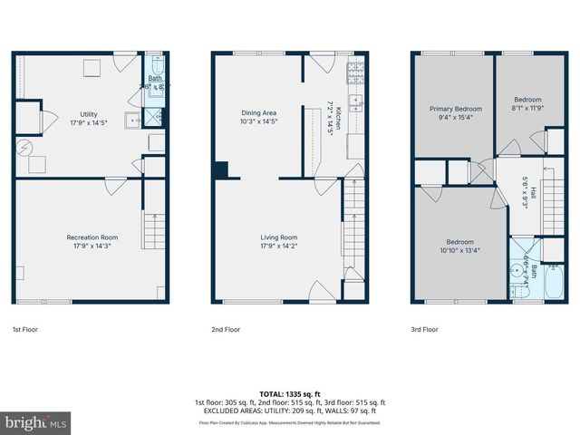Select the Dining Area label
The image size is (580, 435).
[x=258, y=114]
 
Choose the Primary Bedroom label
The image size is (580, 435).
[x=455, y=109]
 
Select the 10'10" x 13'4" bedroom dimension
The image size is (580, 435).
[x=459, y=250]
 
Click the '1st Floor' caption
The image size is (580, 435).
[x=25, y=330]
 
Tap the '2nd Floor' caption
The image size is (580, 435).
[x=226, y=330]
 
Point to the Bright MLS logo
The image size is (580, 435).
[x=35, y=422]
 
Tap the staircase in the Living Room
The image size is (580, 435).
[x=352, y=244]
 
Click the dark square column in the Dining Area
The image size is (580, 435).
[x=221, y=169]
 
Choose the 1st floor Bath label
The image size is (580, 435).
[x=157, y=79]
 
